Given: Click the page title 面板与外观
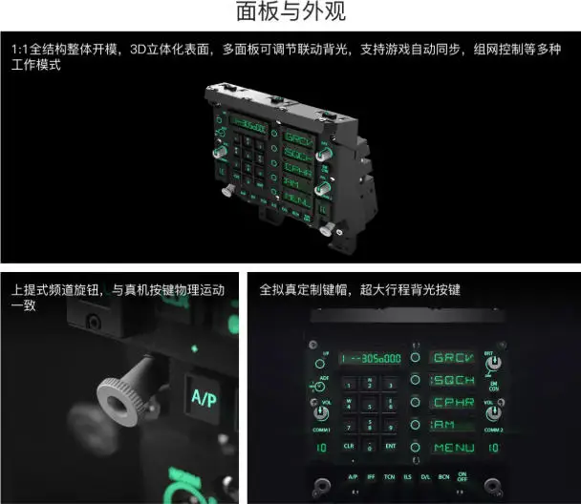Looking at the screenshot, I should [x=290, y=13].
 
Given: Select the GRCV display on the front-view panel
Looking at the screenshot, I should [x=453, y=358].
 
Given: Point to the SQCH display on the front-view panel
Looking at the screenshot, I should [x=453, y=380].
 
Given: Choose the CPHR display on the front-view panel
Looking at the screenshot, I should [x=453, y=402].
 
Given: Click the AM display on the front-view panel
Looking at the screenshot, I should [x=445, y=425].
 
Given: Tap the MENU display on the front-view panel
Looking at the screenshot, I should [x=453, y=447].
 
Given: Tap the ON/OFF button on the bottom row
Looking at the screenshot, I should [x=463, y=475].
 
